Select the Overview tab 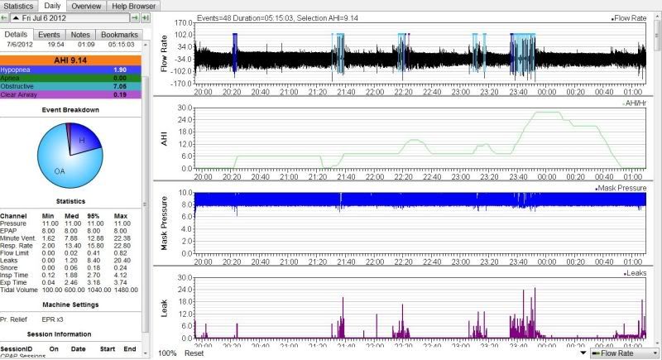(87, 6)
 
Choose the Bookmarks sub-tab (119, 34)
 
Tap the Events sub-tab (50, 34)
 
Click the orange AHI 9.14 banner (70, 60)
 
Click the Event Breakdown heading (70, 109)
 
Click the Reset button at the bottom (194, 353)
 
